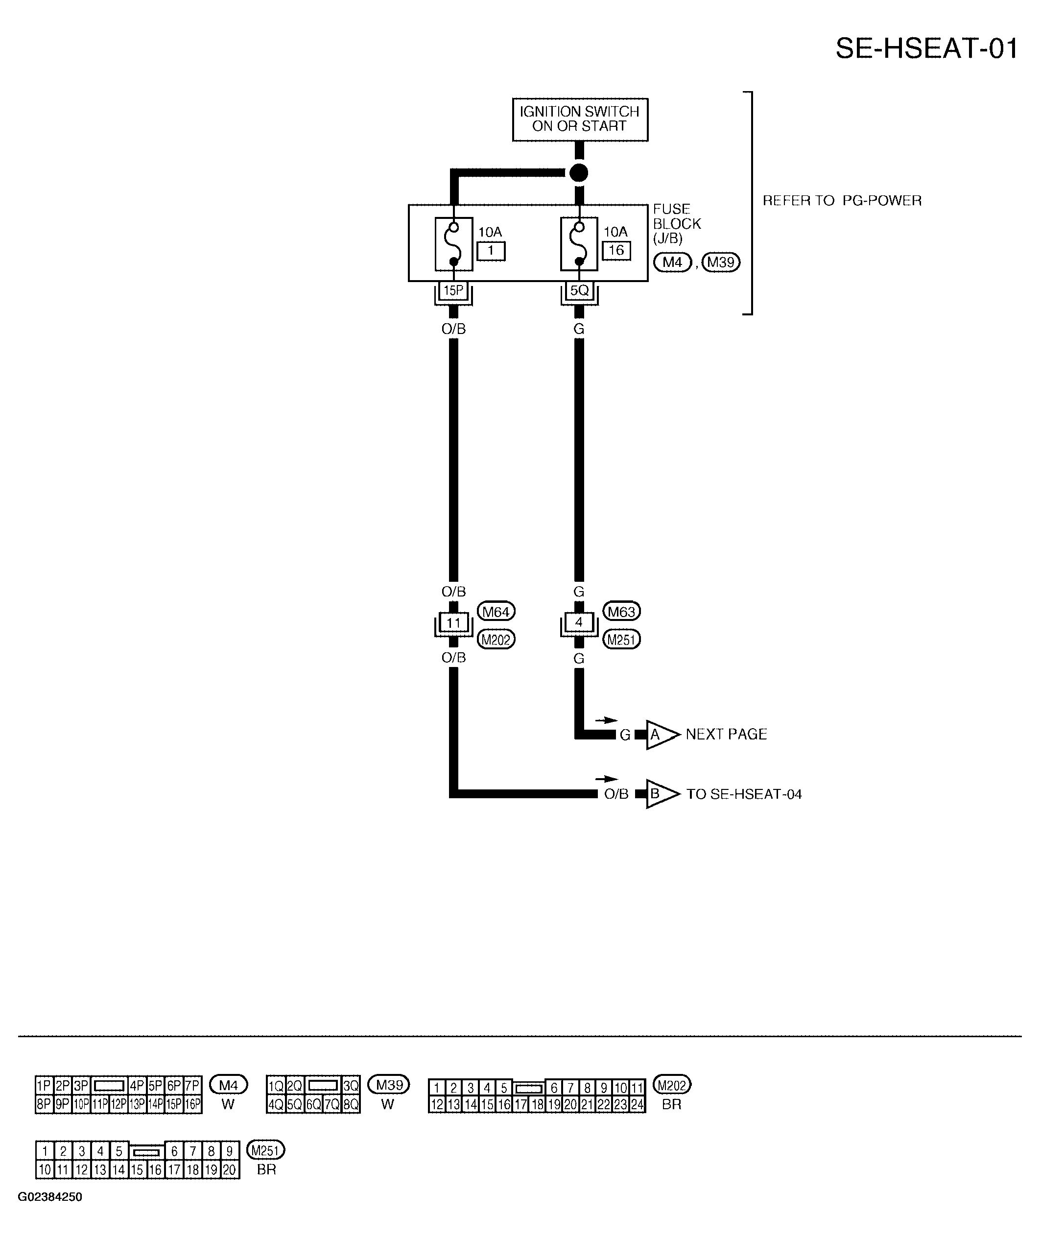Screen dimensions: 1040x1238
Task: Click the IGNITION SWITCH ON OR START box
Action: click(580, 119)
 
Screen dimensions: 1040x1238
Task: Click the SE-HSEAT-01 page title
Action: click(927, 48)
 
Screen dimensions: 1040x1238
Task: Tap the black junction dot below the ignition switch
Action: click(579, 173)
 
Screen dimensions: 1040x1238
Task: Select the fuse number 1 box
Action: click(491, 251)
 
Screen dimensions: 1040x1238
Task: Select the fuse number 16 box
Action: click(616, 251)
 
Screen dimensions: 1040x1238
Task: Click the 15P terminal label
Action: click(453, 290)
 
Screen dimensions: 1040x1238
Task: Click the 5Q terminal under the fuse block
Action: click(579, 290)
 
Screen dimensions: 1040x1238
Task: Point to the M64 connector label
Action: click(496, 612)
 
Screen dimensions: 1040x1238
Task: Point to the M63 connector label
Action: click(621, 612)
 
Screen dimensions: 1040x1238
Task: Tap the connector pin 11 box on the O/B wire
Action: click(453, 622)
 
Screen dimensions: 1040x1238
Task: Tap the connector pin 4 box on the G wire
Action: click(579, 622)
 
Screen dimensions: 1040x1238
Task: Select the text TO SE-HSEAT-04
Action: click(744, 794)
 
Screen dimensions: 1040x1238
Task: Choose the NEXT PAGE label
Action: click(726, 734)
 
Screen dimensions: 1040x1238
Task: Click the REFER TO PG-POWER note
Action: click(842, 200)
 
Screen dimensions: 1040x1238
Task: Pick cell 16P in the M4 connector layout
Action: click(193, 1104)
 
